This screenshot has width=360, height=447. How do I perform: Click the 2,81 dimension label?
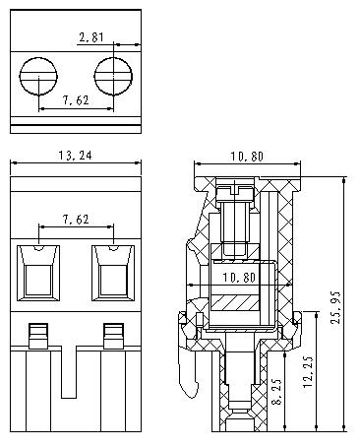point(91,37)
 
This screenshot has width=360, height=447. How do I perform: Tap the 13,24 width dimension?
point(76,156)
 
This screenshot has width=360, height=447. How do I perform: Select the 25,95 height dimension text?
point(335,307)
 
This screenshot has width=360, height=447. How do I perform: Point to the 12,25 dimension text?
point(308,371)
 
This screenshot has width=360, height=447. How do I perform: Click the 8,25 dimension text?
point(277,392)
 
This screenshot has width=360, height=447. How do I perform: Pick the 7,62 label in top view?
point(76,100)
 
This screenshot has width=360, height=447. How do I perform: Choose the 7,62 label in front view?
point(76,219)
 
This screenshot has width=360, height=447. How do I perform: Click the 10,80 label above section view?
point(247,157)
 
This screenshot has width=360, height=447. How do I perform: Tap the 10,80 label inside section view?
point(239,278)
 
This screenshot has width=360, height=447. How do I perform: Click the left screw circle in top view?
point(38,76)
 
